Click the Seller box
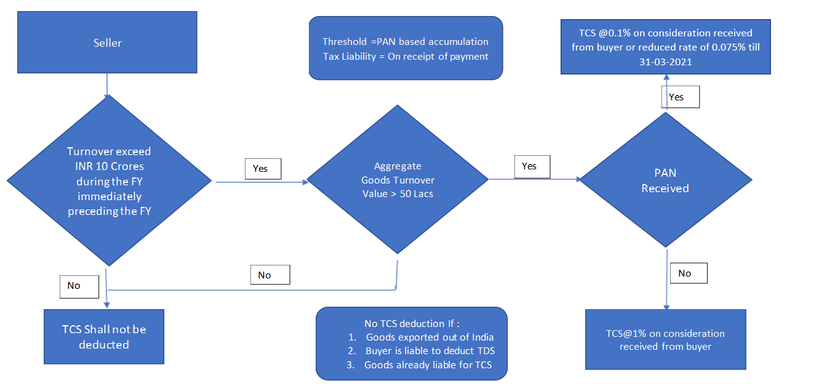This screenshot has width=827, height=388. (108, 43)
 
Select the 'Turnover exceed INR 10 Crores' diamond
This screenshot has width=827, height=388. (109, 182)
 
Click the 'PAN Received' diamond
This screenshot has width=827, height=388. (665, 181)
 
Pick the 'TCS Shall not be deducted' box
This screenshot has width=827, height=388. (104, 337)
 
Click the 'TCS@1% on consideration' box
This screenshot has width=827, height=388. (665, 339)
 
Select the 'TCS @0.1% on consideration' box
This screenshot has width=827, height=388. (665, 47)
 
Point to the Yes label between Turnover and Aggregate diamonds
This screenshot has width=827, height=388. (263, 168)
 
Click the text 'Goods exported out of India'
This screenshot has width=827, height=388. (429, 337)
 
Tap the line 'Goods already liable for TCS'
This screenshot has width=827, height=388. (429, 365)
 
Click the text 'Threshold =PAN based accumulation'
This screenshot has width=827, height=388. (406, 42)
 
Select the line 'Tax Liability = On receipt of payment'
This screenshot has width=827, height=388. (406, 57)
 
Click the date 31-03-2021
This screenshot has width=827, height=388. (665, 62)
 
